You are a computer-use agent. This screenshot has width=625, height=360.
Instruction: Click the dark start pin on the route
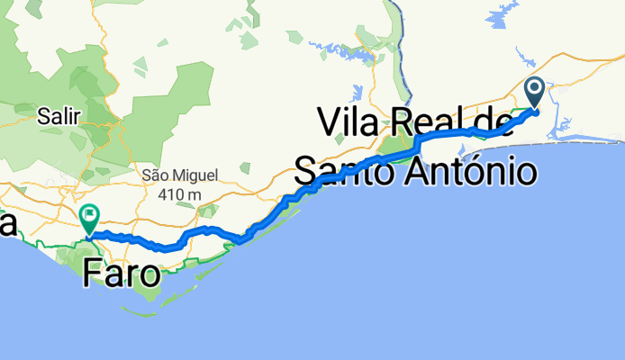[x=533, y=93]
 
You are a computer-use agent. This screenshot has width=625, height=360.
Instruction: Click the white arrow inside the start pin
[x=533, y=89]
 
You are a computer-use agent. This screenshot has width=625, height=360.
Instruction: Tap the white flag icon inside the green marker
[x=89, y=215]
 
